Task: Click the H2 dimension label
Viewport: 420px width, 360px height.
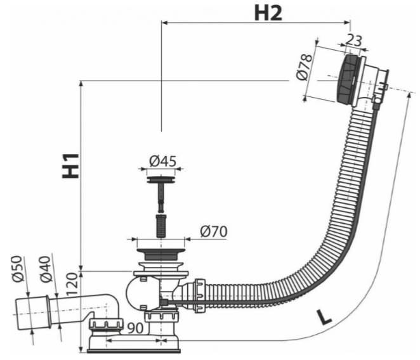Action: point(268,13)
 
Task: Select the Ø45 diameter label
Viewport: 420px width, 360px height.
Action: point(163,161)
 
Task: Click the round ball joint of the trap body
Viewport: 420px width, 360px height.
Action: point(138,293)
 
